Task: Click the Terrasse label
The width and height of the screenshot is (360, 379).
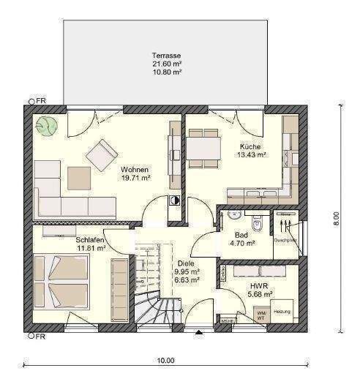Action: pyautogui.click(x=166, y=56)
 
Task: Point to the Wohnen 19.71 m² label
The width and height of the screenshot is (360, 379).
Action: pyautogui.click(x=135, y=173)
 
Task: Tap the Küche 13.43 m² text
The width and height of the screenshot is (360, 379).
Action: pyautogui.click(x=250, y=151)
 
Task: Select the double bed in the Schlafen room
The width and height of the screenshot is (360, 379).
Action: pyautogui.click(x=57, y=281)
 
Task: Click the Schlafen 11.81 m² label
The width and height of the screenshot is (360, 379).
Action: pyautogui.click(x=89, y=244)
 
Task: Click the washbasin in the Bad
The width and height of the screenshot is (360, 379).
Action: pyautogui.click(x=233, y=216)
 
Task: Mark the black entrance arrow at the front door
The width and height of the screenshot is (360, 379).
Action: pyautogui.click(x=198, y=333)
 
